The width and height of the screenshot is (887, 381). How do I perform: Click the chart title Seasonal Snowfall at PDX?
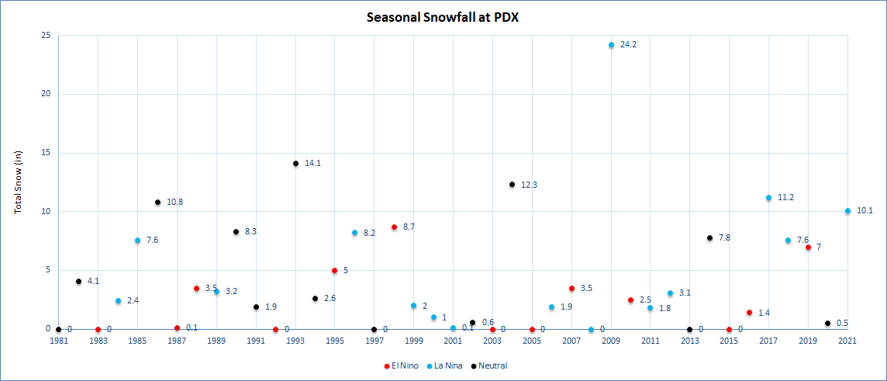tap(443, 16)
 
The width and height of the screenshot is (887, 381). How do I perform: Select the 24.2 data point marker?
tap(611, 45)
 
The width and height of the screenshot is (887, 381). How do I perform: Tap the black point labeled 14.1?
tap(295, 164)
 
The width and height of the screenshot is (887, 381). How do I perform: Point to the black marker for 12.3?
tap(512, 185)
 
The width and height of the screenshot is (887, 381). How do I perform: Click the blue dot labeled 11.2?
tap(768, 198)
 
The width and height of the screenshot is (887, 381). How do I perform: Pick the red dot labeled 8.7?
tap(394, 227)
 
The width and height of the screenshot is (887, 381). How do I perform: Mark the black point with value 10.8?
tap(157, 203)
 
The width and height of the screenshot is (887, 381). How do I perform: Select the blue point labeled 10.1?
tap(847, 211)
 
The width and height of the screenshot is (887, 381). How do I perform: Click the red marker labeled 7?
tap(808, 248)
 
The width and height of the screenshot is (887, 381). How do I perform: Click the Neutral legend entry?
tap(492, 365)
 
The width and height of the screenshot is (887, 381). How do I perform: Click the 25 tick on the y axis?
tap(46, 36)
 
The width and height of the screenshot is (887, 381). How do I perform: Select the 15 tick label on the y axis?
tap(46, 153)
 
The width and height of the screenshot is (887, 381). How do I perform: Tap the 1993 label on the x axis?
tap(295, 341)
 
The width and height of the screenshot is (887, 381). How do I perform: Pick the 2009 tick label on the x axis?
tap(611, 341)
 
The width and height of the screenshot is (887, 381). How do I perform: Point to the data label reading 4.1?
tap(93, 281)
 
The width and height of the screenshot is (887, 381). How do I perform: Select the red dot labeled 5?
tap(334, 271)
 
